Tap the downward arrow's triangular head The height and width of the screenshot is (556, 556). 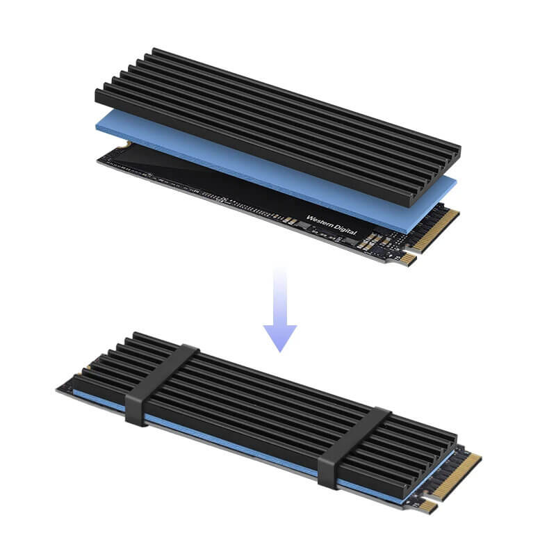click(x=279, y=337)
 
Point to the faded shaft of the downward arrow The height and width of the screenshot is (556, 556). click(x=279, y=292)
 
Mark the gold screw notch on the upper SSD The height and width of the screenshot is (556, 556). click(x=126, y=144)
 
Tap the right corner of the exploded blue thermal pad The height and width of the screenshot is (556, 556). click(x=455, y=182)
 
